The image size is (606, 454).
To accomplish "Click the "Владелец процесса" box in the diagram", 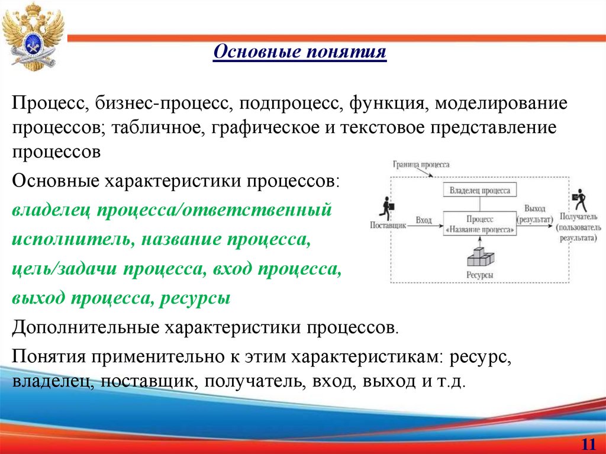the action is tap(479, 191).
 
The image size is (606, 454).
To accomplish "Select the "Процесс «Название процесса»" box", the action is tap(479, 224).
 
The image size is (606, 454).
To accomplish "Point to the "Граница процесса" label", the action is tap(420, 164).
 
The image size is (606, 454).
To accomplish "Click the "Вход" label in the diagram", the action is tap(423, 220).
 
